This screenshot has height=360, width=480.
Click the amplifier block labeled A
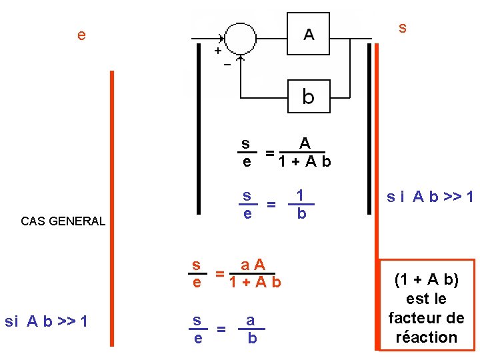(309, 34)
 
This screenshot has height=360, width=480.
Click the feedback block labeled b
(308, 97)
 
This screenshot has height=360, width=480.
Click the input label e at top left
(81, 35)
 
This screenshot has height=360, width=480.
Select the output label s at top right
(403, 27)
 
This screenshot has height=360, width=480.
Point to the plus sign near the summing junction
(217, 50)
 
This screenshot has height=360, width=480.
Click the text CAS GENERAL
(63, 221)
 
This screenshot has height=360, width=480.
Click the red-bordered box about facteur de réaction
(427, 305)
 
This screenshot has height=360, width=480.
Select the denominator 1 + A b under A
(305, 162)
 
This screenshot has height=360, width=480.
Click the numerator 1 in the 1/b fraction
(301, 195)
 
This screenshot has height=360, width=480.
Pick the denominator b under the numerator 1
(301, 214)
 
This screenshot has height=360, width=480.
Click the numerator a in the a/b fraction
(251, 320)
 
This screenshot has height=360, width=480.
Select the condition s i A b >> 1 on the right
(431, 197)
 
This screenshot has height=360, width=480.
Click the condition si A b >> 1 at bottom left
(46, 321)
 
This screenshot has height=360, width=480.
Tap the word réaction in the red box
(427, 337)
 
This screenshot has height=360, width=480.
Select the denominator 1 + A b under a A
(255, 283)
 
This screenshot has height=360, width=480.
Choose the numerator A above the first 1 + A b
(305, 143)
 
